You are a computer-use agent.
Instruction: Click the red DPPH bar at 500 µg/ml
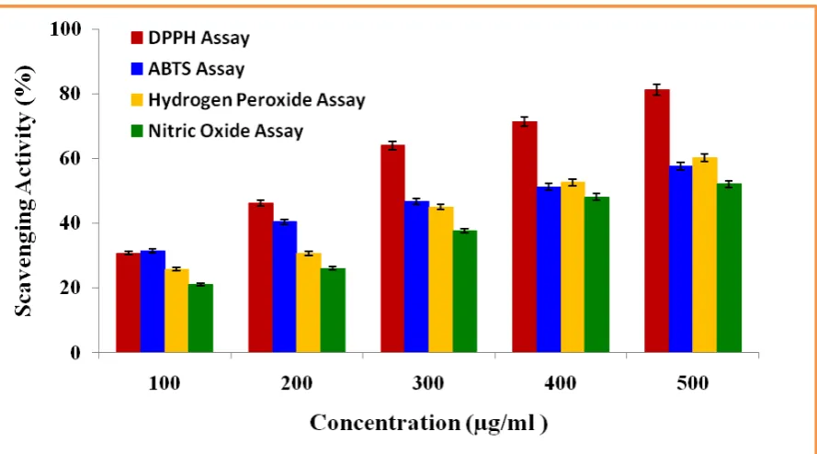[x=656, y=221]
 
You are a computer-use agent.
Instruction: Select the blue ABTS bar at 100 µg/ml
[x=153, y=301]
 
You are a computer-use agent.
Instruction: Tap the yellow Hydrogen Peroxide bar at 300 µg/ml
[x=441, y=280]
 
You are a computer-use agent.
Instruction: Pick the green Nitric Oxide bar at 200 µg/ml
[x=333, y=311]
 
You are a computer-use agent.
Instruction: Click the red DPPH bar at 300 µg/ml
[x=392, y=249]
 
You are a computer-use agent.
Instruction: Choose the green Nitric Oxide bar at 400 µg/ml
[x=596, y=275]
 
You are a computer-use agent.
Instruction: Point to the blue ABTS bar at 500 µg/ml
[x=680, y=259]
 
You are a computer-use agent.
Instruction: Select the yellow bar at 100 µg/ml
[x=176, y=311]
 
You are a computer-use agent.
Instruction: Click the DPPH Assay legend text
[x=199, y=38]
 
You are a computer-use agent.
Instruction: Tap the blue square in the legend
[x=137, y=69]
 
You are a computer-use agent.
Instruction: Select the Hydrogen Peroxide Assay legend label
[x=257, y=99]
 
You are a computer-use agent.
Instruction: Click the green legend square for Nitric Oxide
[x=137, y=131]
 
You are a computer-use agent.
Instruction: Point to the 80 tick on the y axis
[x=71, y=94]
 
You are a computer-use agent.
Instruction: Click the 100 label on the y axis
[x=65, y=29]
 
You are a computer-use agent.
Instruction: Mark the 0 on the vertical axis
[x=75, y=353]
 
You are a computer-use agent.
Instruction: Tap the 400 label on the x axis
[x=561, y=383]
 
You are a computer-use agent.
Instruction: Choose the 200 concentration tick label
[x=297, y=383]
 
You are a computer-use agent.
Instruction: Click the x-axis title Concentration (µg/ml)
[x=429, y=423]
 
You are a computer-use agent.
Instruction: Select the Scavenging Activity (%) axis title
[x=24, y=191]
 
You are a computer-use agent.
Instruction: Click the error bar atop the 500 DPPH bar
[x=657, y=90]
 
